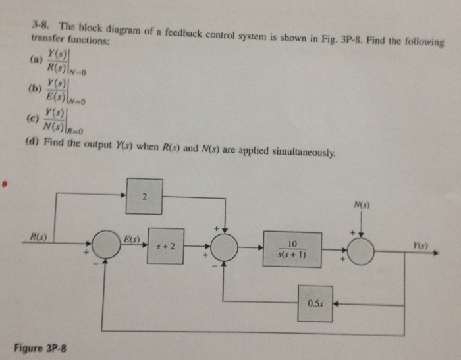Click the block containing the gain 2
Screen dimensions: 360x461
point(144,196)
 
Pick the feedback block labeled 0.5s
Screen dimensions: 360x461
point(314,303)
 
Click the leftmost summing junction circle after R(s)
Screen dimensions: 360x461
point(105,245)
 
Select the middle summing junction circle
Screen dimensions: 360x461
point(225,247)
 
